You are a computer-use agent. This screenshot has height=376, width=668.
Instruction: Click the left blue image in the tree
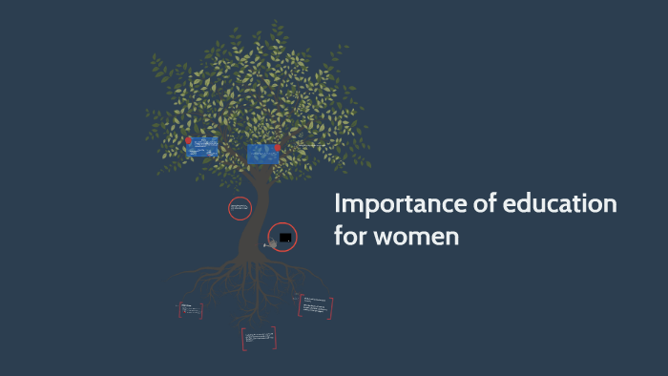[203, 146]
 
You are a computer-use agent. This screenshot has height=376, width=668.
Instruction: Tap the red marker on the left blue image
[189, 142]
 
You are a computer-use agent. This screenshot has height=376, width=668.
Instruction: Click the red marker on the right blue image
[278, 149]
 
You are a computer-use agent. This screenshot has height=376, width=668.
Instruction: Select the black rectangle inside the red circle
[284, 236]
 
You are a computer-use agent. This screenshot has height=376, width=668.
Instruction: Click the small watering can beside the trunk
[271, 244]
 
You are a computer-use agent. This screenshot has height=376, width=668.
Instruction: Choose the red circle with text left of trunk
[240, 208]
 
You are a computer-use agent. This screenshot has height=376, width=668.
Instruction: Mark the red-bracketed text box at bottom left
[190, 310]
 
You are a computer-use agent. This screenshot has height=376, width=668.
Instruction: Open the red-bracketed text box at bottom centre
[259, 337]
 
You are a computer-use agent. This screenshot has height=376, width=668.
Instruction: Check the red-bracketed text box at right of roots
[315, 305]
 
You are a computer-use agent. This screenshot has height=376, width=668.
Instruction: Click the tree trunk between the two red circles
[256, 221]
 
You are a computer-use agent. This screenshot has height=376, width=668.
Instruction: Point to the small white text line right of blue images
[313, 145]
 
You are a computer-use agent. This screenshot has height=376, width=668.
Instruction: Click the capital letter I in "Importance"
[337, 205]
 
